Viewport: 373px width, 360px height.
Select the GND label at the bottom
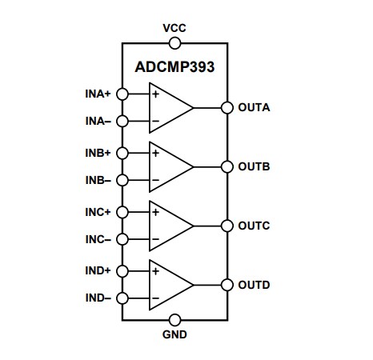pos(174,335)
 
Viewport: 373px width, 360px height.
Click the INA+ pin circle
pos(122,94)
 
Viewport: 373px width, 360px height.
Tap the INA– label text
pos(98,122)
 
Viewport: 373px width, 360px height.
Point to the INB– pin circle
pos(122,180)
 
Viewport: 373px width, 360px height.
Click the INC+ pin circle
pos(122,212)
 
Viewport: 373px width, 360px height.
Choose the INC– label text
pos(98,240)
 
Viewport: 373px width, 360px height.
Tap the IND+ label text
pos(98,271)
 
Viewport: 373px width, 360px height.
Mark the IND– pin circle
pos(122,298)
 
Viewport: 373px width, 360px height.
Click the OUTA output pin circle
pos(227,107)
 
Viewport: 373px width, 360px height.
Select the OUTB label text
pos(254,166)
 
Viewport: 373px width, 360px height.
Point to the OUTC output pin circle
pos(227,226)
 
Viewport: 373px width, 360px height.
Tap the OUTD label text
pos(254,285)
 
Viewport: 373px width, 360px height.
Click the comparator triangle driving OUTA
pos(169,107)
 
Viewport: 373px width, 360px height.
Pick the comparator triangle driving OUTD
pos(169,285)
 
